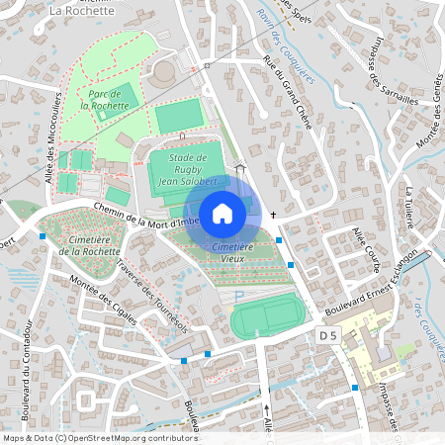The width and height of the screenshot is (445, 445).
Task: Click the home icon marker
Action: point(222,213)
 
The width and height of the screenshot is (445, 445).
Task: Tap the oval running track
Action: point(265,316)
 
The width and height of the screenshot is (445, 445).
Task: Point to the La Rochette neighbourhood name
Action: point(83,11)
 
